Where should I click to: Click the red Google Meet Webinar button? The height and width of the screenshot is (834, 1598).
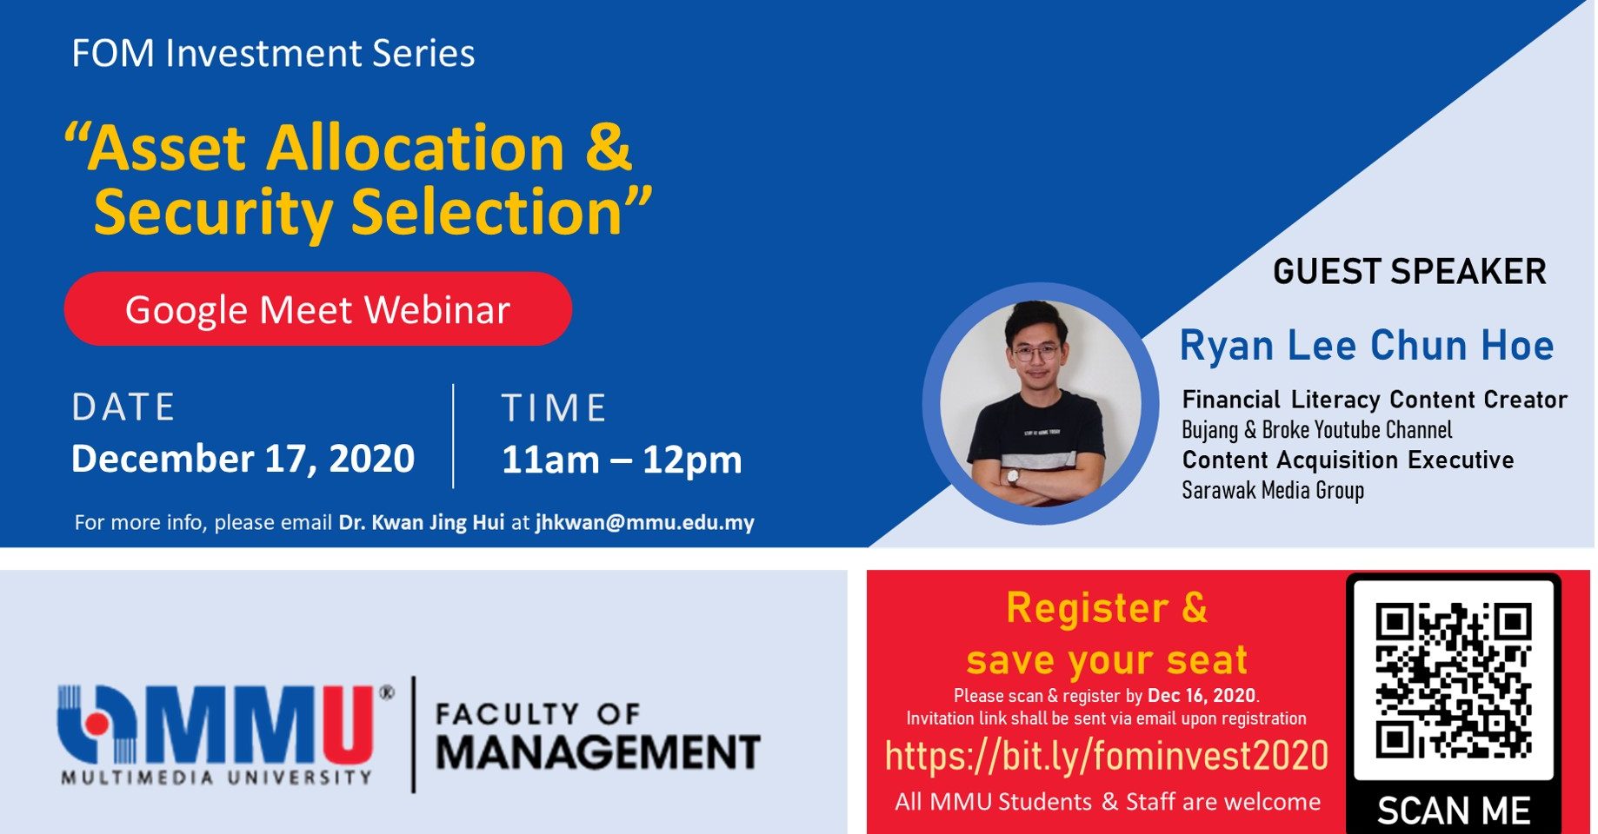click(x=317, y=309)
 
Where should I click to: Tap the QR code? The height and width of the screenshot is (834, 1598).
click(x=1454, y=680)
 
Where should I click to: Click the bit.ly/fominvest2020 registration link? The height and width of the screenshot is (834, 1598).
click(x=1106, y=756)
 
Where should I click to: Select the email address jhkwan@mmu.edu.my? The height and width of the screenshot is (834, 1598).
click(x=644, y=523)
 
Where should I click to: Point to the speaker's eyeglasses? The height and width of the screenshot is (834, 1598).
click(x=1035, y=352)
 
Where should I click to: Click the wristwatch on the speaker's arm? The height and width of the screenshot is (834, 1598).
click(x=1012, y=476)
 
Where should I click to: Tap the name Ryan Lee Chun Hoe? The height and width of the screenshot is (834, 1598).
click(x=1367, y=345)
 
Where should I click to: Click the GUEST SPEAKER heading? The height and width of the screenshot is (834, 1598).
click(x=1409, y=271)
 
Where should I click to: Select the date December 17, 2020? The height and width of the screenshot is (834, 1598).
click(x=243, y=459)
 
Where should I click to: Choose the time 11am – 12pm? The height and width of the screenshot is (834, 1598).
click(x=622, y=460)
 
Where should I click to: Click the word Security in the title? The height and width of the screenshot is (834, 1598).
click(x=213, y=212)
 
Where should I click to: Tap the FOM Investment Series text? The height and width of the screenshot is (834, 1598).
click(x=273, y=53)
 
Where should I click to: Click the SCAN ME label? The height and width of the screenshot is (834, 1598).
click(x=1454, y=811)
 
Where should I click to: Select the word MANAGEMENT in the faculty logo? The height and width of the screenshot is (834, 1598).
click(x=598, y=752)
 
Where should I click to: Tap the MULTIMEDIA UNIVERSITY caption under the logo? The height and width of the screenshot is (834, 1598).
click(x=216, y=777)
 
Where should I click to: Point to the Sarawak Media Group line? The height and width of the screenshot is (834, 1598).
click(x=1273, y=490)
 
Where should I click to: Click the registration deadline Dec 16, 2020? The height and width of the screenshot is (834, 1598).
click(x=1202, y=695)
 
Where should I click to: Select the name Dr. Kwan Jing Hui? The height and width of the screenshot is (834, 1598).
click(x=422, y=523)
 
